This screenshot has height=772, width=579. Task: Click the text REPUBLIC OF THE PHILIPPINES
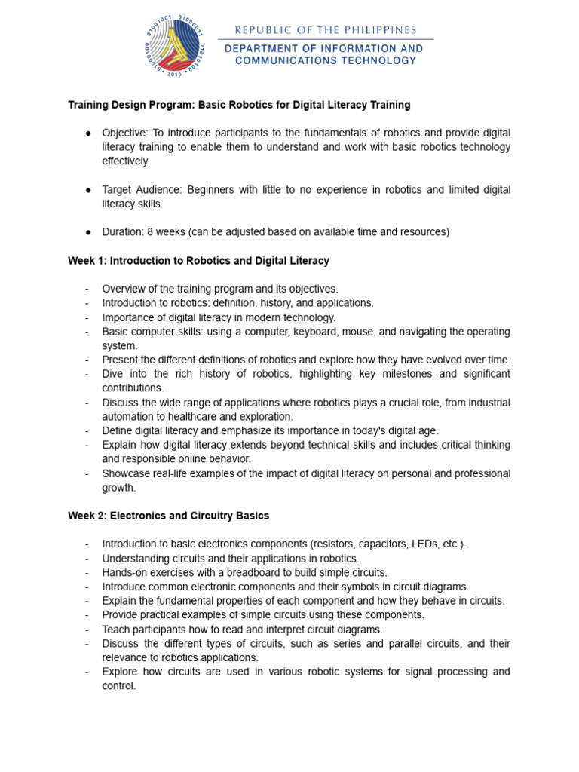click(x=326, y=30)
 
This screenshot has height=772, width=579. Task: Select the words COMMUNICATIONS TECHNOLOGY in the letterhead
click(x=326, y=60)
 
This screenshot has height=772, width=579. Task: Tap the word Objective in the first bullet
click(x=124, y=133)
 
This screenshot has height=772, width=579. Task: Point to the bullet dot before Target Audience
click(x=88, y=190)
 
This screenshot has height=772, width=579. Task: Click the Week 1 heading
click(x=198, y=261)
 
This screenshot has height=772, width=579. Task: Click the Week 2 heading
click(x=168, y=516)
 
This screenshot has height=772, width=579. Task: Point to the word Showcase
click(x=125, y=473)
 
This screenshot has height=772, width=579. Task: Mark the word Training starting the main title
click(x=90, y=104)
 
